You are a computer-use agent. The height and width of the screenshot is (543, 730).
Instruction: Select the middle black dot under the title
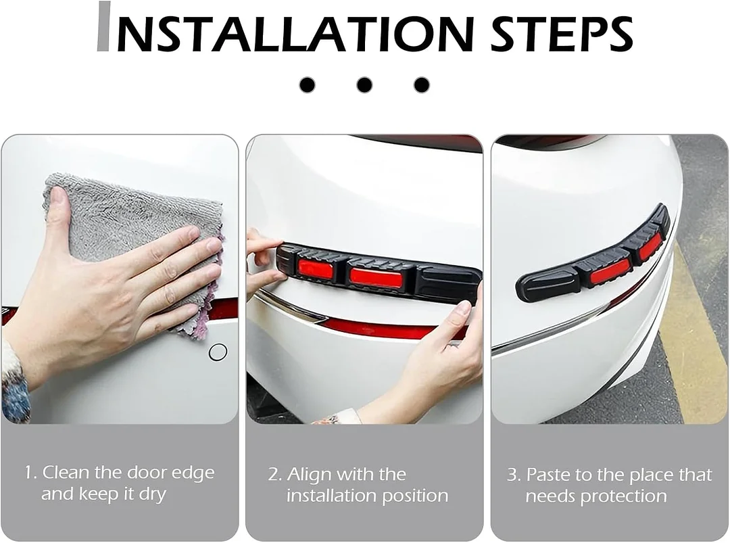coord(364,85)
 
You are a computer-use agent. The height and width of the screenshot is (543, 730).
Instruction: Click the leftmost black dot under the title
coord(307,85)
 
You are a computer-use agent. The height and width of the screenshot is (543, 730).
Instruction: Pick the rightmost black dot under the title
coord(422,85)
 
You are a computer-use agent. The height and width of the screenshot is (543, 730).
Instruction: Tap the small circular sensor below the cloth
coord(218,352)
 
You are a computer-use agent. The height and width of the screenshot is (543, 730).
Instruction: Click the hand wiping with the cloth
coord(108,291)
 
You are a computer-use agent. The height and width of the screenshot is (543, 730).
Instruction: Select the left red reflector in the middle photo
coord(316,269)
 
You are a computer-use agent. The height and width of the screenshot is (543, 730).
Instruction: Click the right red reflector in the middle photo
coord(376,277)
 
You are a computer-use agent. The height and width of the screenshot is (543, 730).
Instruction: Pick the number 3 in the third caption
coord(513,475)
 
